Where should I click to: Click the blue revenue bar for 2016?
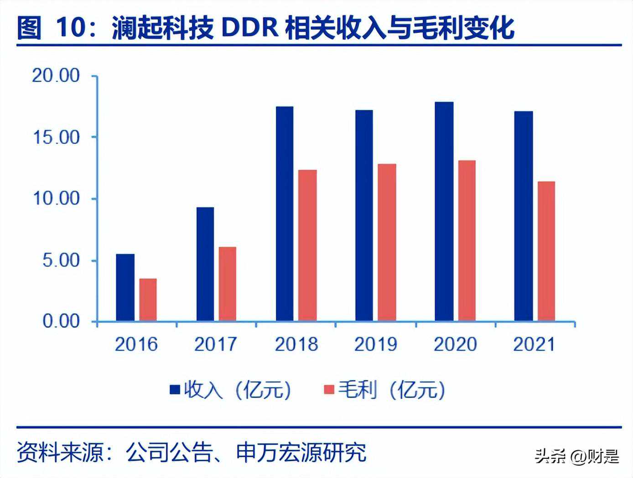click(x=125, y=287)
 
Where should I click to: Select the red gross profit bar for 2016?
click(x=148, y=300)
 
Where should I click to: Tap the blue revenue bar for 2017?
click(x=205, y=264)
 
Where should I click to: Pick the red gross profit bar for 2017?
click(x=227, y=284)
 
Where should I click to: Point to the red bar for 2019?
click(x=387, y=242)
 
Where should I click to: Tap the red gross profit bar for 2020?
click(x=467, y=240)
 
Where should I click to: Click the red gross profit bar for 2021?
click(x=546, y=251)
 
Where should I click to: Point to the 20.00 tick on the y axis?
click(x=56, y=76)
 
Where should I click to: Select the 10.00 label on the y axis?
click(x=56, y=199)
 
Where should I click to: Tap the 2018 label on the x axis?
click(x=296, y=344)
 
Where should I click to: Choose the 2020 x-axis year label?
click(x=455, y=344)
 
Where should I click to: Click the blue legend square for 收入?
click(x=175, y=389)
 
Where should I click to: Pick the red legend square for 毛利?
click(x=329, y=389)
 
